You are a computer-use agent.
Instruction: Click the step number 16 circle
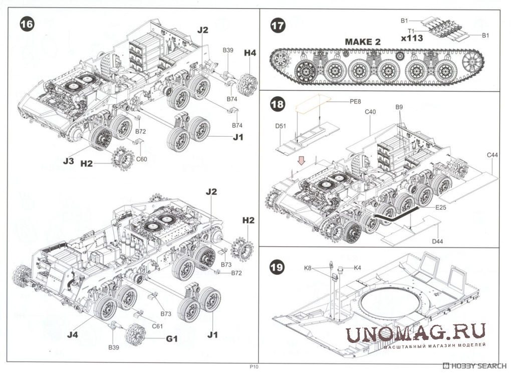[x=27, y=24]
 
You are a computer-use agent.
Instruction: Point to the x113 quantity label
[x=412, y=37]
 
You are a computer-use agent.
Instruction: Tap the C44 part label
[x=492, y=155]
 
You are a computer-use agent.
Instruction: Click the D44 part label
[x=438, y=241]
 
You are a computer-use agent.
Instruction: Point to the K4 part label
[x=357, y=267]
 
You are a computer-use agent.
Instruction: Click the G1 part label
[x=171, y=338]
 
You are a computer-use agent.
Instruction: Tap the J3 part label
[x=69, y=161]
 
